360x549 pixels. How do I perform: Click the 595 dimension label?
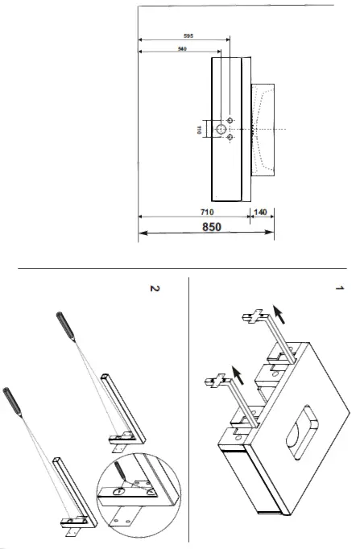click(187, 36)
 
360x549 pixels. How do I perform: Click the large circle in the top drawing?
click(218, 129)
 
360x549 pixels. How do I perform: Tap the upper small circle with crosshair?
click(230, 120)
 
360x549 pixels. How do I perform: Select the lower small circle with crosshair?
click(230, 138)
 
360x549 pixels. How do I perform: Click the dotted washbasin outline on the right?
click(263, 129)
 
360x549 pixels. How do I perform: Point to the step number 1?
click(339, 287)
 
